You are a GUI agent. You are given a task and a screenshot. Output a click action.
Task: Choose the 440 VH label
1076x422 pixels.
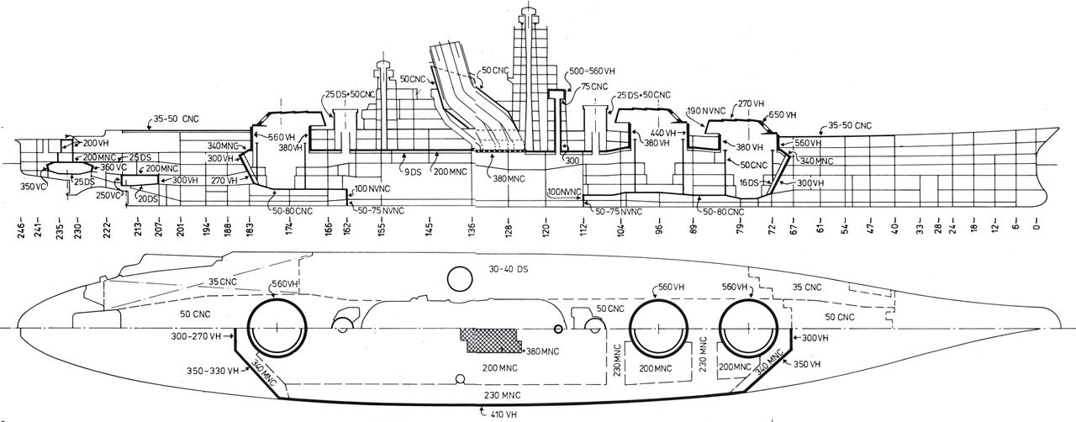pyautogui.click(x=662, y=133)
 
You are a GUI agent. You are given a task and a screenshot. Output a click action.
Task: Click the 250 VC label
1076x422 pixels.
pyautogui.click(x=108, y=195)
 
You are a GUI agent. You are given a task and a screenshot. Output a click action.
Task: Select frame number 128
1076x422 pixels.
pyautogui.click(x=508, y=230)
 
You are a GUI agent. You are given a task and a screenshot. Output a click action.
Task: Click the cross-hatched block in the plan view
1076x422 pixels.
pyautogui.click(x=488, y=345)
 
